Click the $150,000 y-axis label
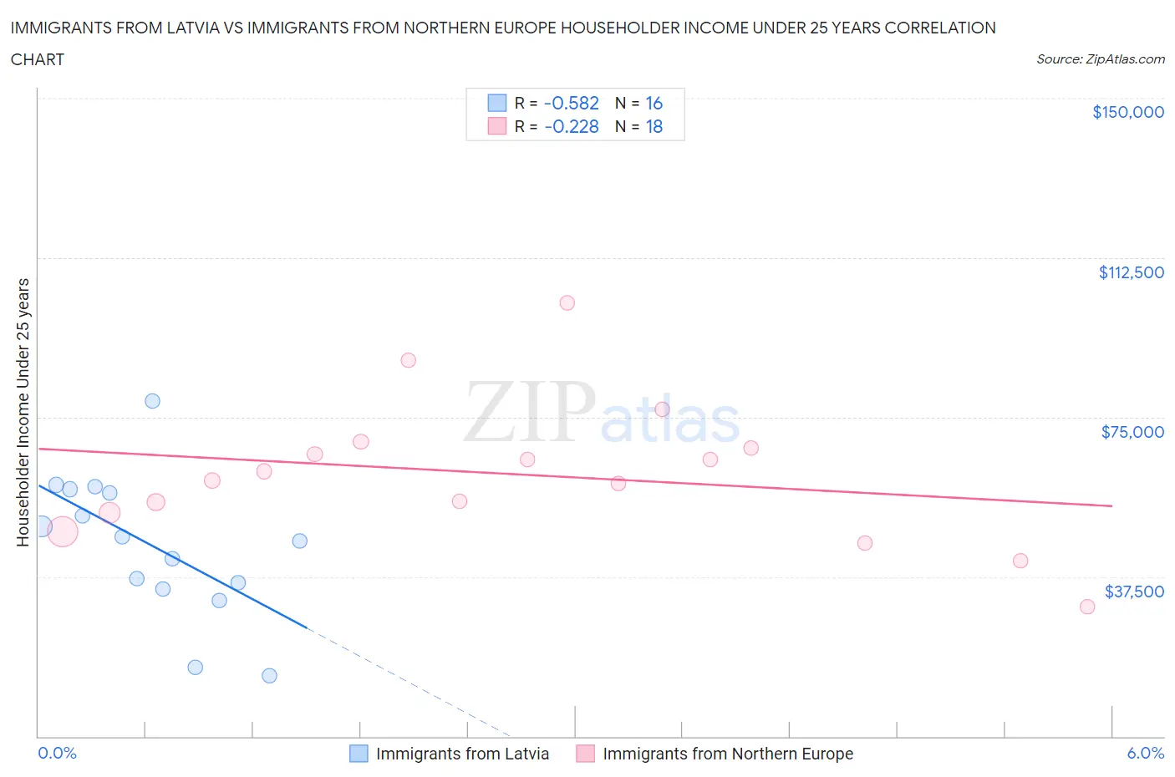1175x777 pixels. tap(1127, 112)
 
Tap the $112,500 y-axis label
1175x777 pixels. tap(1131, 272)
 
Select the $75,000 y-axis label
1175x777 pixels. tap(1132, 432)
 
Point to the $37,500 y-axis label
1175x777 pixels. tap(1133, 592)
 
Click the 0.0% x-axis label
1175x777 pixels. tap(57, 753)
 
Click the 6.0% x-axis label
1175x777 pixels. tap(1145, 753)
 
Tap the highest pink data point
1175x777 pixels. tap(567, 302)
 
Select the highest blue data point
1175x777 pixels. tap(152, 401)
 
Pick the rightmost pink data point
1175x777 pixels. tap(1086, 607)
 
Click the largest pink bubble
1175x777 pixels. tap(62, 531)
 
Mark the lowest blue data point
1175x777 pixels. tap(269, 676)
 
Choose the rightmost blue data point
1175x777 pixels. tap(299, 541)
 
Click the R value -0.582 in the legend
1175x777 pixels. tap(571, 103)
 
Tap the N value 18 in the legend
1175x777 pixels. tap(654, 126)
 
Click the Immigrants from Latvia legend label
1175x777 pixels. tap(462, 754)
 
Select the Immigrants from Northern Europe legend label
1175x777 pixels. tap(728, 754)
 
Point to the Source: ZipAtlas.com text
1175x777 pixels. tap(1100, 59)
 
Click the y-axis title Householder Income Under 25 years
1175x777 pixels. tap(23, 412)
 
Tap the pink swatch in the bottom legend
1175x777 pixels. tap(585, 754)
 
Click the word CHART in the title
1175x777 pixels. tap(37, 59)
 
